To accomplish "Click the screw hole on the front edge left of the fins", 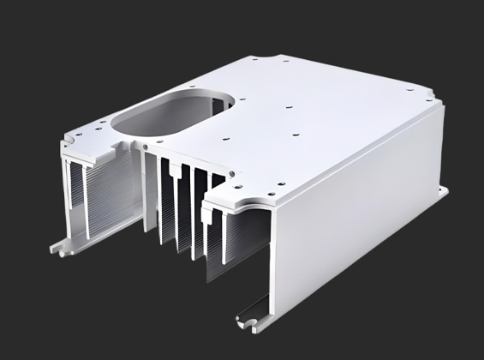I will click(x=150, y=147).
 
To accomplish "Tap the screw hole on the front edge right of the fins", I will click(x=233, y=179).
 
